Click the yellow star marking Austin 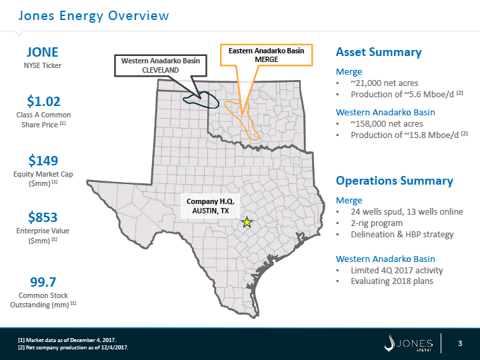[x=247, y=222]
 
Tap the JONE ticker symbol [x=43, y=52]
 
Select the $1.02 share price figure [x=43, y=101]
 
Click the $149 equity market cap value [x=43, y=161]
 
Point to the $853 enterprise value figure [x=43, y=217]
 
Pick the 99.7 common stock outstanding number [x=43, y=282]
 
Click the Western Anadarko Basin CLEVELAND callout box [x=161, y=65]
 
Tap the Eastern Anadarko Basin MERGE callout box [x=266, y=55]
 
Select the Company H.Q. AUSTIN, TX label [x=210, y=206]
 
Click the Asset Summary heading [x=379, y=52]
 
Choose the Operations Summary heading [x=394, y=181]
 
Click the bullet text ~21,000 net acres [x=385, y=83]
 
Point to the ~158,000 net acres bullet [x=387, y=124]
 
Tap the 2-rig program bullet [x=377, y=223]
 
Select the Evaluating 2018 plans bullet [x=392, y=281]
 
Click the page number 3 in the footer [x=460, y=343]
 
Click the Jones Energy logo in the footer [x=409, y=343]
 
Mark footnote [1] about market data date [x=67, y=340]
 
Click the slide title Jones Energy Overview [x=93, y=15]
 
